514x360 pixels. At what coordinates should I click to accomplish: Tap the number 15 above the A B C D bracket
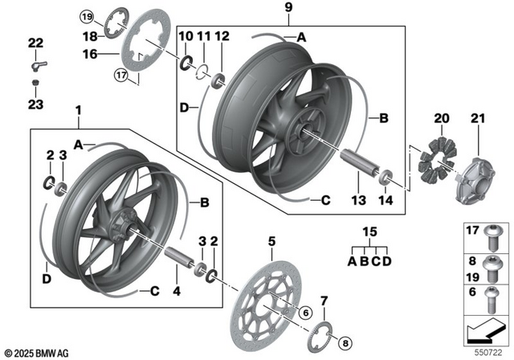point(370,233)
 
